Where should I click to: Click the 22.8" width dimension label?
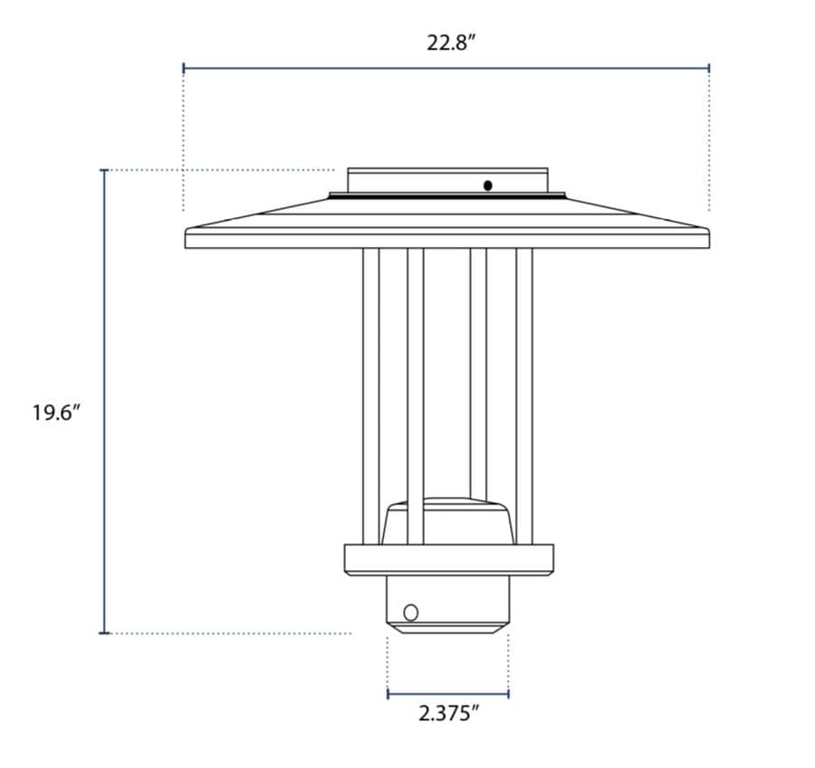pos(450,43)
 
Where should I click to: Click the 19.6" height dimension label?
pos(57,413)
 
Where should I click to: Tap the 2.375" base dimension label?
pos(448,714)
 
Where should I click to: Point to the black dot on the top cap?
pos(488,185)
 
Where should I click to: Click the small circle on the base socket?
pos(411,612)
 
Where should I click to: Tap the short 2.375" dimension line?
pos(448,694)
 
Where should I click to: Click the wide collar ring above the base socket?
pos(447,560)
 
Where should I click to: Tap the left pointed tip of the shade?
pos(187,230)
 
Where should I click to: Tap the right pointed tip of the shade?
pos(707,230)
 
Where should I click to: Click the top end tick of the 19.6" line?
pos(105,170)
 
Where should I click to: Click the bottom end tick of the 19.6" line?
pos(105,633)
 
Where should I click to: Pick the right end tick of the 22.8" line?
pos(709,68)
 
